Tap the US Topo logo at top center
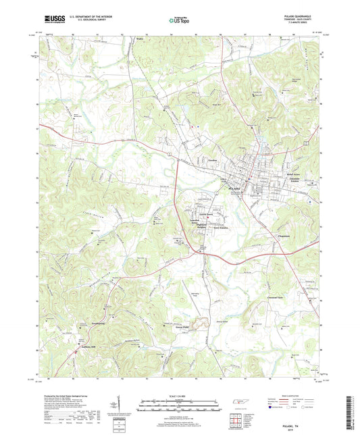[x=179, y=21]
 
